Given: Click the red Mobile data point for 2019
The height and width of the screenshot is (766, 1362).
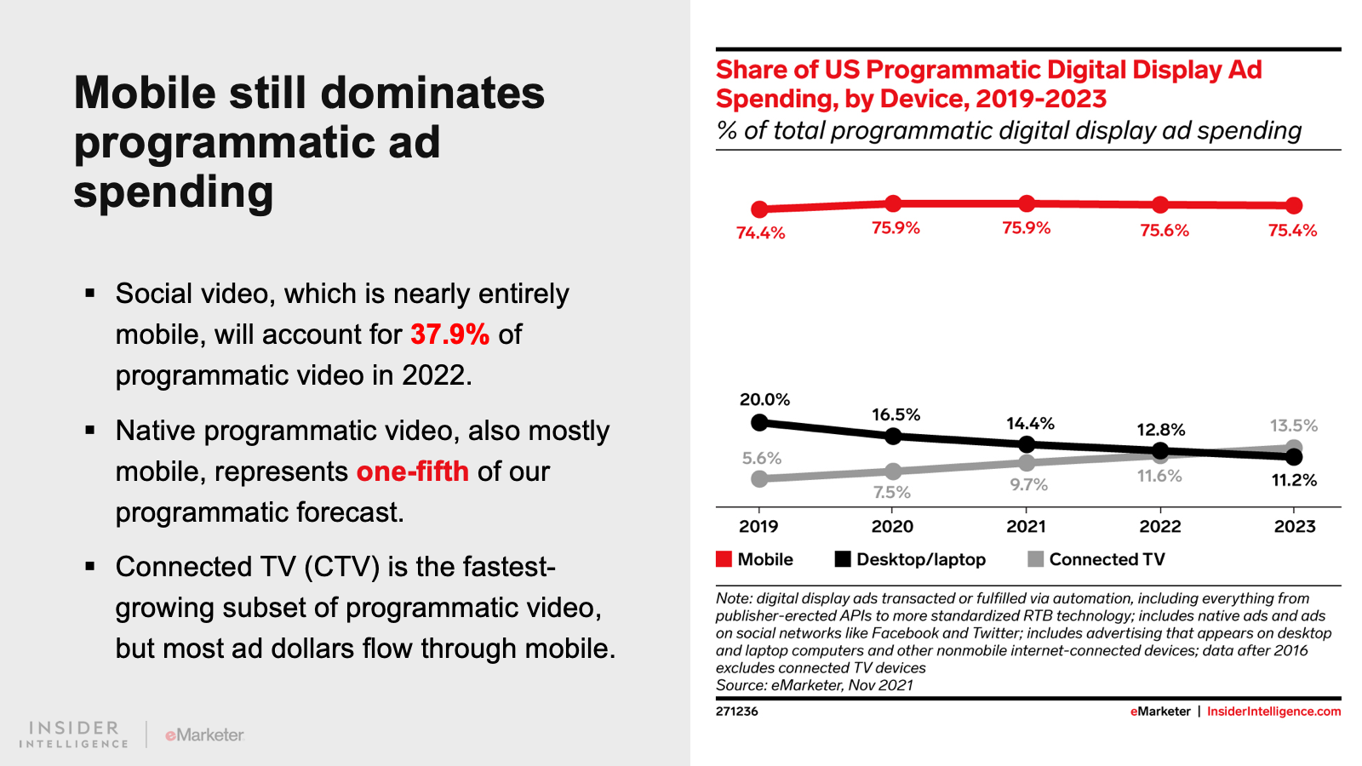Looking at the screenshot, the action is click(759, 209).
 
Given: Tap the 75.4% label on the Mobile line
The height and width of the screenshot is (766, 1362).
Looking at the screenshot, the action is click(1293, 231).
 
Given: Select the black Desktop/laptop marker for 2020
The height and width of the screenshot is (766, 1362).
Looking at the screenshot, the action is click(893, 436).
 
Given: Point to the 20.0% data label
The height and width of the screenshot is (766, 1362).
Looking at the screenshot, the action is click(765, 399).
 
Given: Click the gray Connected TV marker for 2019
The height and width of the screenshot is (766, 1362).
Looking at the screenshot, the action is click(759, 479).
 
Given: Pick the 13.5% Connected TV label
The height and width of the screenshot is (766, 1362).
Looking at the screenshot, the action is click(1294, 426).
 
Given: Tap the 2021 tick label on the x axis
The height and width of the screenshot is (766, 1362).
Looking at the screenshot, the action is click(1027, 526).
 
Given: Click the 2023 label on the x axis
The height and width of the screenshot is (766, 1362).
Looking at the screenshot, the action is click(1295, 526).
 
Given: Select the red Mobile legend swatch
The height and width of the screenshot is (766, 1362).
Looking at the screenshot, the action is click(724, 559).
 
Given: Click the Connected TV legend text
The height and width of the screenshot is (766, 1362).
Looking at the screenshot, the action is click(1107, 559).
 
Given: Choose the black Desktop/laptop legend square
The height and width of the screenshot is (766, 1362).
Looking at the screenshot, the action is click(843, 559).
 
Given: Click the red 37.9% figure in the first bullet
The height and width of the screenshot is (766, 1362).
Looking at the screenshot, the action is click(450, 334).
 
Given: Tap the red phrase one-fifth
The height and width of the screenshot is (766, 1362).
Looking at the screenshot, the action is click(412, 472).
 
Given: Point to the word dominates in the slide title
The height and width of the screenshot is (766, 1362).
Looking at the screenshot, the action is click(432, 93).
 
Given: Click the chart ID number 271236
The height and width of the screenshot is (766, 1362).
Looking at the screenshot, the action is click(737, 712).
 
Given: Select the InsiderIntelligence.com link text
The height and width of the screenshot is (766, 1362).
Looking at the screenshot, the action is click(1273, 712).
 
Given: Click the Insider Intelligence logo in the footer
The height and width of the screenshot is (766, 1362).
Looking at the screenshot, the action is click(73, 735).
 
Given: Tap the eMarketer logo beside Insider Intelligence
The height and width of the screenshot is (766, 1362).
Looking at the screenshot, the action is click(204, 735).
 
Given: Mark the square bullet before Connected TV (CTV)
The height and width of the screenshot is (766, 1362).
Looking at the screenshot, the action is click(90, 567).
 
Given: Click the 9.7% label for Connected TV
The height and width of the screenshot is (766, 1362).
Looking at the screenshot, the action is click(1029, 484).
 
